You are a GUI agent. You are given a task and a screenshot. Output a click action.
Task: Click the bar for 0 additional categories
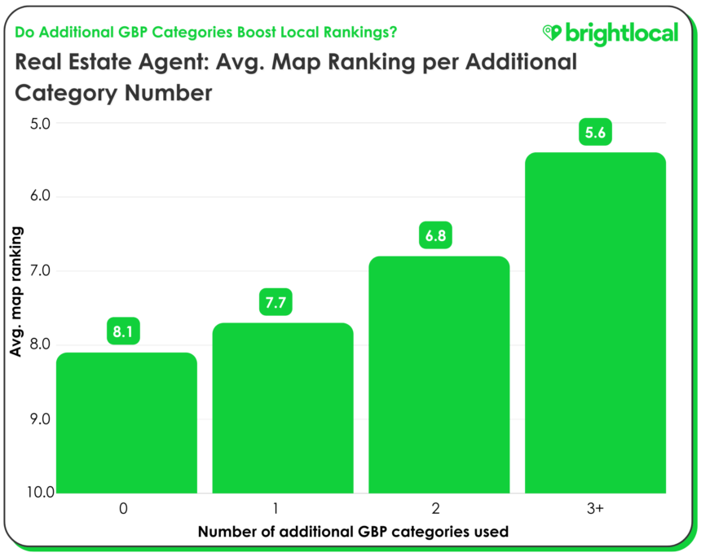pyautogui.click(x=126, y=423)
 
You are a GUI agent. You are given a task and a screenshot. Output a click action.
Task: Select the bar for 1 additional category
pyautogui.click(x=282, y=408)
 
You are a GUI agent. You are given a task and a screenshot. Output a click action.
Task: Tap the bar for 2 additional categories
pyautogui.click(x=439, y=375)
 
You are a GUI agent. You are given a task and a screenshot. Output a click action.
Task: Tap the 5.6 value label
pyautogui.click(x=595, y=132)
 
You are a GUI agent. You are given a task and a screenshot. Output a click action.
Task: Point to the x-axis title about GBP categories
pyautogui.click(x=353, y=532)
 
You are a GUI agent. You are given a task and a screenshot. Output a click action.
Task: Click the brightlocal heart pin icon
pyautogui.click(x=553, y=33)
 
